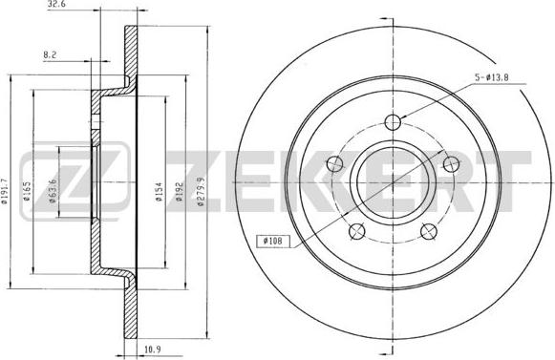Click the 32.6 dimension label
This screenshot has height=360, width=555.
[56, 5]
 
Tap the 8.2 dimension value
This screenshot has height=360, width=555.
[50, 54]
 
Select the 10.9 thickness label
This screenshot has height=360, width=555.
[153, 349]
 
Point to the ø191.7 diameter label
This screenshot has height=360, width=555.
[5, 191]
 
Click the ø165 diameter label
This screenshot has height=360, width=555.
[28, 191]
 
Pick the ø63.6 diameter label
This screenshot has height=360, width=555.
[53, 191]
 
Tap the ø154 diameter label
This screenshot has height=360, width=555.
[159, 192]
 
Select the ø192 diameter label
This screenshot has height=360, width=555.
[179, 192]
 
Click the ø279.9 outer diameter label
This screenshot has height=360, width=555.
[201, 192]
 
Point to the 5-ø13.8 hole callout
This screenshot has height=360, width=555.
[491, 77]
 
